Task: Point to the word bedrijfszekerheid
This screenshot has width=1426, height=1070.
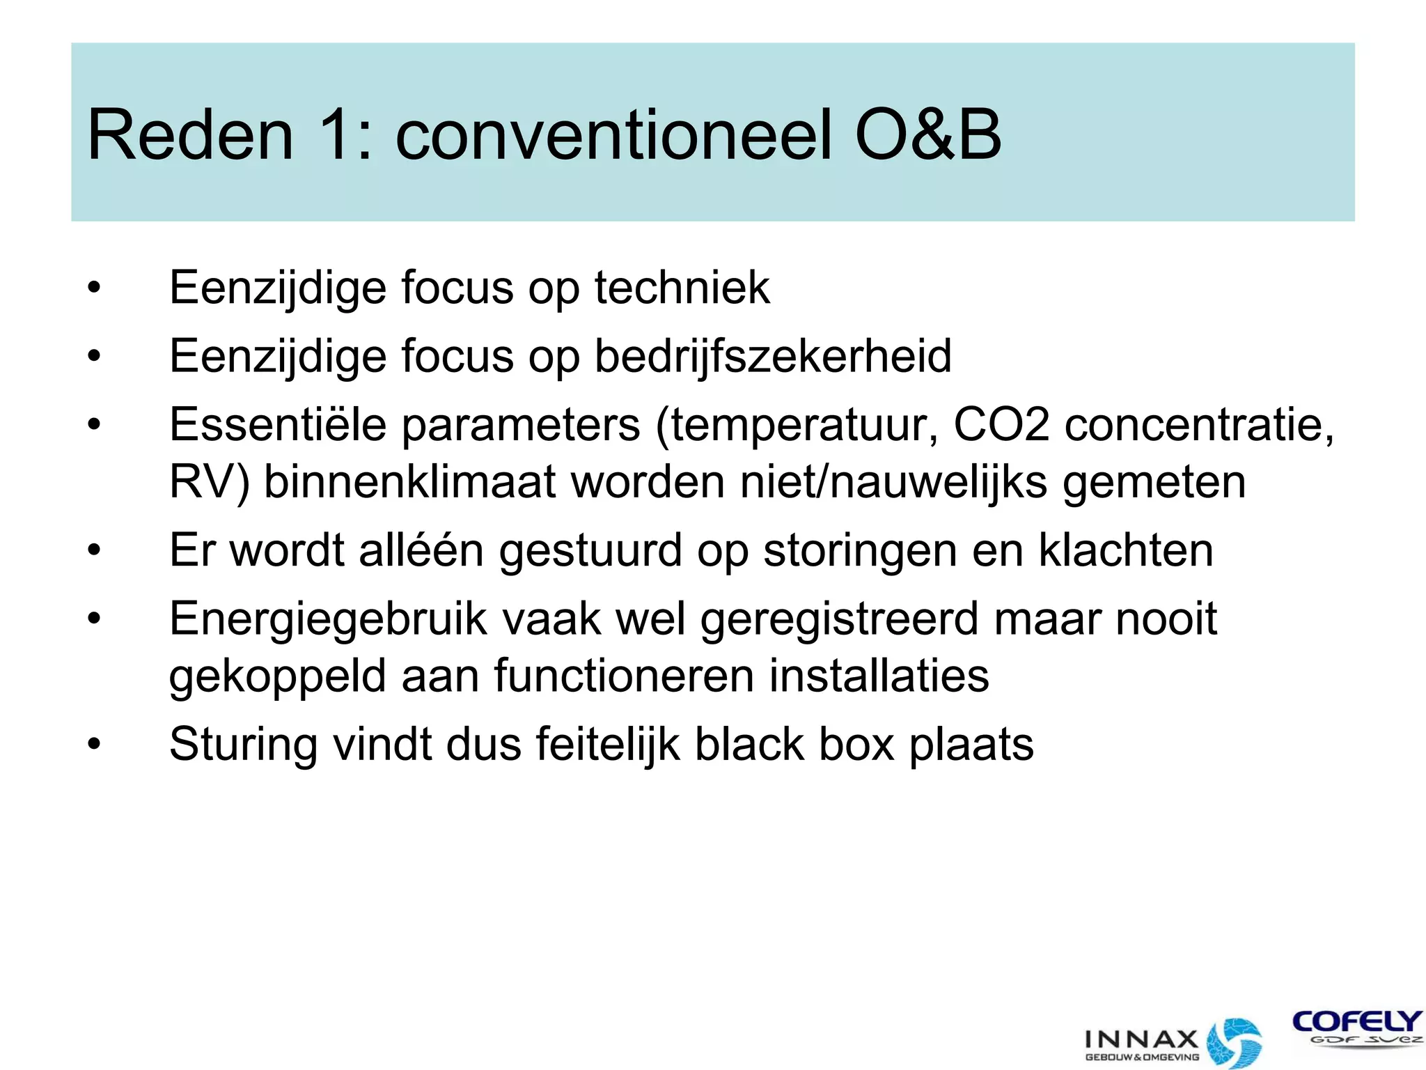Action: point(773,356)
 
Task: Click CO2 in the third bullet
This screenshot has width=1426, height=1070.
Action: point(1001,424)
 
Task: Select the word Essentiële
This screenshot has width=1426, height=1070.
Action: point(278,424)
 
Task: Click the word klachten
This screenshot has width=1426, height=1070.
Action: point(1126,550)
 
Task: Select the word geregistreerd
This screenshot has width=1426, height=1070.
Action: point(839,619)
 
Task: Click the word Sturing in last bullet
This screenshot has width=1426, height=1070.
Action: point(243,744)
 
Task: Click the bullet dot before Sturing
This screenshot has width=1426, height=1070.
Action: point(94,745)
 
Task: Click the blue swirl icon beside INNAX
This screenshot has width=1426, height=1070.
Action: point(1234,1042)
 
